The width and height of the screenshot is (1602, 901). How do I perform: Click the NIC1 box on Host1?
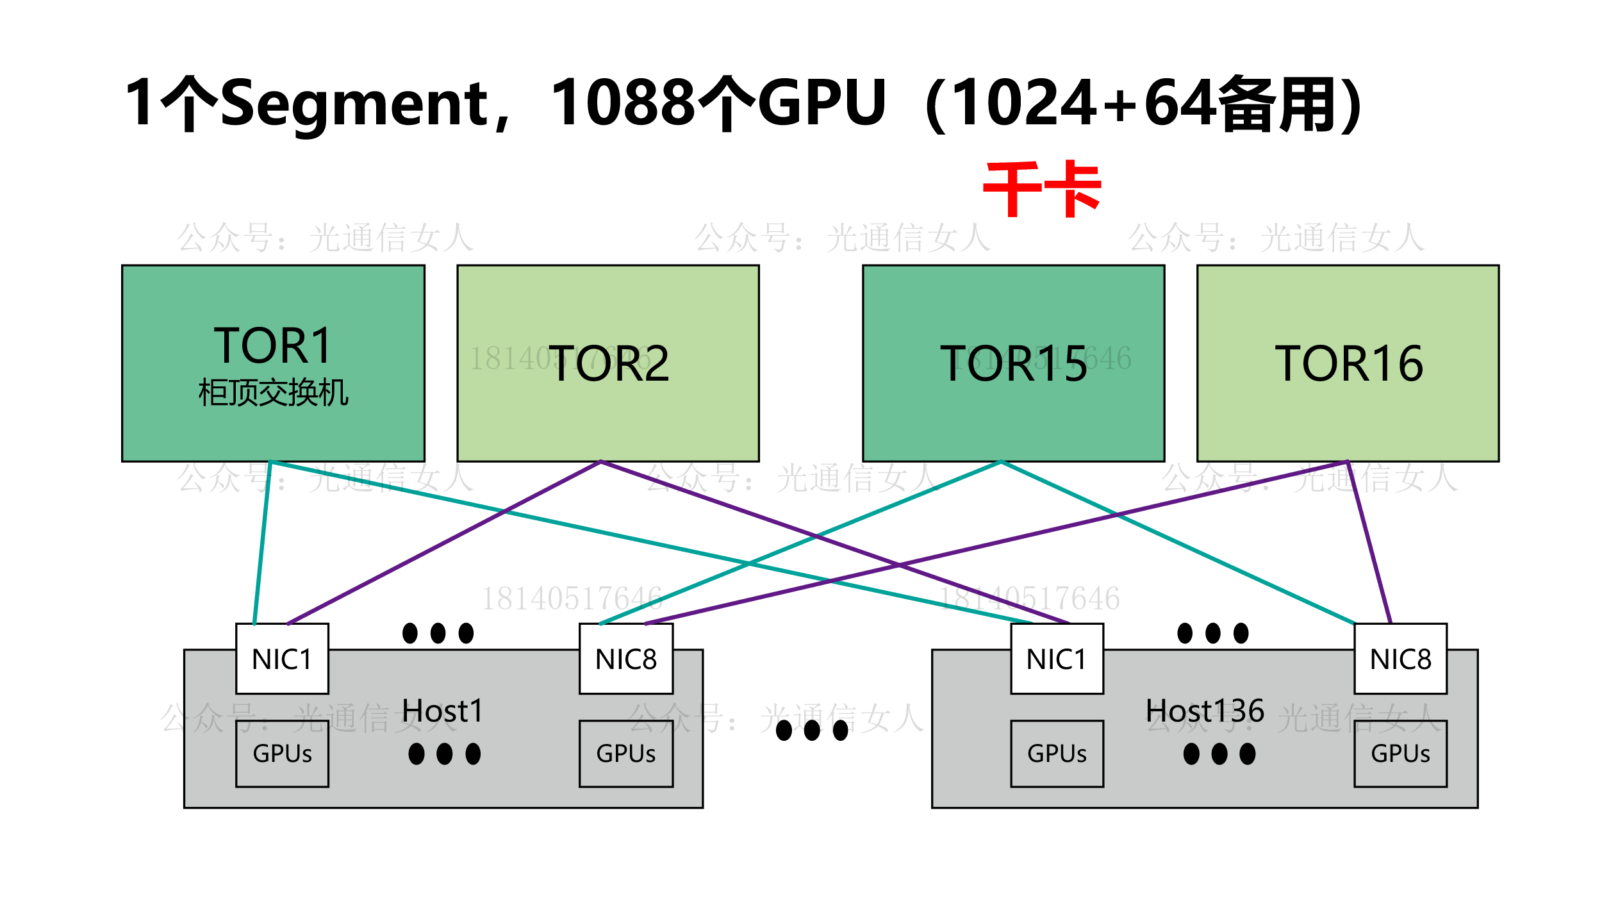click(282, 659)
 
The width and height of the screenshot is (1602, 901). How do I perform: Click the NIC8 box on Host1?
click(625, 659)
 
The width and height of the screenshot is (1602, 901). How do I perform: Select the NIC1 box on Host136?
click(1057, 659)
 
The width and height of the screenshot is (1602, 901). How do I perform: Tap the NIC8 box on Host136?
click(1400, 659)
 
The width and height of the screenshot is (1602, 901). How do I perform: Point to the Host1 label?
click(442, 711)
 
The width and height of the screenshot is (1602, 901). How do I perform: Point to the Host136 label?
click(1205, 711)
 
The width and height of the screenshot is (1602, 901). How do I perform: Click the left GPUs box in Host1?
click(282, 754)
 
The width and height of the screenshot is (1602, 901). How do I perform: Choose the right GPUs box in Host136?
click(1400, 754)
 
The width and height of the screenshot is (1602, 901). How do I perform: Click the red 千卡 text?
click(1042, 189)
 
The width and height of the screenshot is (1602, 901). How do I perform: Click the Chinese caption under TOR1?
click(273, 393)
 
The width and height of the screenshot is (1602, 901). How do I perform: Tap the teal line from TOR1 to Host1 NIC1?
click(263, 541)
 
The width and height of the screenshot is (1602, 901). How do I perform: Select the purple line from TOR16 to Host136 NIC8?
click(1369, 541)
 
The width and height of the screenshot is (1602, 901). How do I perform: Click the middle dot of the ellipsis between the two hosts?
click(812, 730)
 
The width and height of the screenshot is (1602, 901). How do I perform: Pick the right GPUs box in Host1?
click(625, 754)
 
